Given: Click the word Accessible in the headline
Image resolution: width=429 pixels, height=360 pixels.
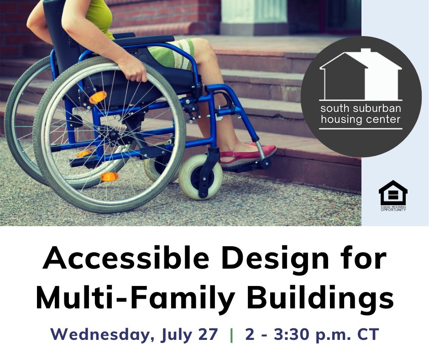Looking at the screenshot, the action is tap(126, 258).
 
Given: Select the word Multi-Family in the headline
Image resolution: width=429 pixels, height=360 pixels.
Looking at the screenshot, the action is tap(135, 297).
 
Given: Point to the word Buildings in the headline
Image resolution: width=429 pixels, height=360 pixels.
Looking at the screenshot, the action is tap(320, 297).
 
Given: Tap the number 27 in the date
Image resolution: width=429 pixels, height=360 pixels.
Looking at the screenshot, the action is tap(208, 334).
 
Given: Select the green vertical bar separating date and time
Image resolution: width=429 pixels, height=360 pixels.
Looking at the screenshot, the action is tap(232, 335).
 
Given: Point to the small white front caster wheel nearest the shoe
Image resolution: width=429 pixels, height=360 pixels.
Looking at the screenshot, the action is tap(200, 176).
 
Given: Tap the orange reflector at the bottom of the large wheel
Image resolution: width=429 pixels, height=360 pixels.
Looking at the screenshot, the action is tap(109, 177).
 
